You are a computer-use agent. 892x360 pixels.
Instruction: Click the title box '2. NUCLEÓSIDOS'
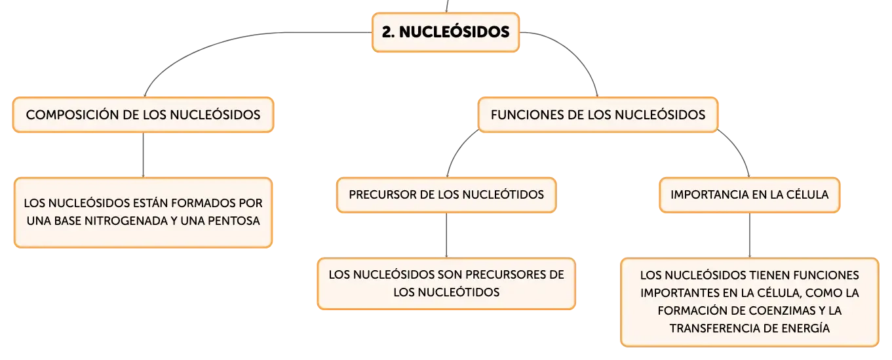coord(446,32)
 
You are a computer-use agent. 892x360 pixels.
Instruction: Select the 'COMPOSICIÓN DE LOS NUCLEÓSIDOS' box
coord(144,115)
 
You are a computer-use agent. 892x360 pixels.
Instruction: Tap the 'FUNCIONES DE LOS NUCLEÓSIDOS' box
coord(598,115)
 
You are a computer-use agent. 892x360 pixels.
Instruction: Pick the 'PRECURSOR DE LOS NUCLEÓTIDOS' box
coord(446,195)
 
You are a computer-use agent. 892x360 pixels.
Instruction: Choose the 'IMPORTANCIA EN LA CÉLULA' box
coord(749,195)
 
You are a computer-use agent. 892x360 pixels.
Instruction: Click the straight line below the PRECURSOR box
coord(446,235)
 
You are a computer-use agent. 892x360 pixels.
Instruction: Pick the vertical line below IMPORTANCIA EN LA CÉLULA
coord(749,235)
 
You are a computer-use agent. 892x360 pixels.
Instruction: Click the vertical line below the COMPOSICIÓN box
coord(144,155)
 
